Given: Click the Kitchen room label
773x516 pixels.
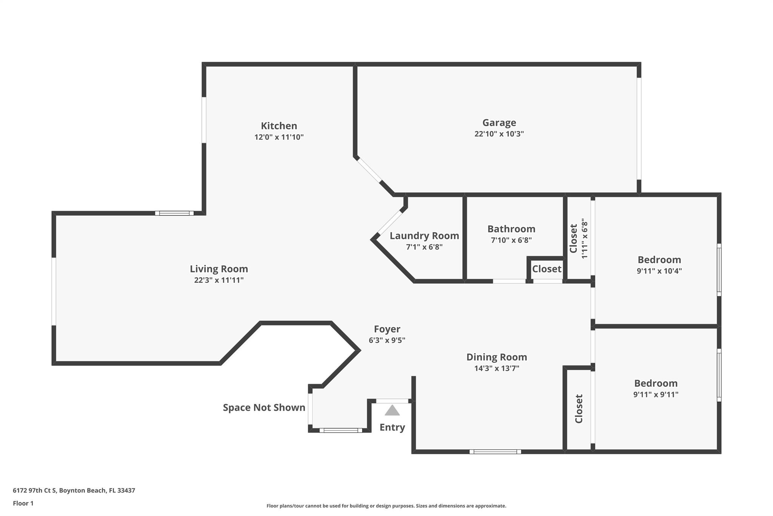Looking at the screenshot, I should click(x=279, y=126).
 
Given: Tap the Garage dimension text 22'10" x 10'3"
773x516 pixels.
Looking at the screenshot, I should click(x=499, y=134).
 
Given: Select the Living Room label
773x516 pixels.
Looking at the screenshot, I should click(x=219, y=269).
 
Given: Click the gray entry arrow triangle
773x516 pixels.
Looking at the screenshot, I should click(x=392, y=411).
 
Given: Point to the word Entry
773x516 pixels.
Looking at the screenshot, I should click(x=392, y=427).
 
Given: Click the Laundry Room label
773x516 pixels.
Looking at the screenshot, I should click(x=424, y=236).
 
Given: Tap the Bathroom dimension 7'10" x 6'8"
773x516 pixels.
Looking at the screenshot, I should click(x=511, y=240).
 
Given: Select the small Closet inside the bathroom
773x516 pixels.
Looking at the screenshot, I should click(x=547, y=269).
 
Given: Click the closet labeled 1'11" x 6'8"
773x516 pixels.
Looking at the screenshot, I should click(x=579, y=239).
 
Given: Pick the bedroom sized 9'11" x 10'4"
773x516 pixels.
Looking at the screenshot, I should click(x=659, y=265).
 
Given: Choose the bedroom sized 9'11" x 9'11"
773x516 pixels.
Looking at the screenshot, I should click(x=656, y=388).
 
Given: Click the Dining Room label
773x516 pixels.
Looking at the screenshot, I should click(x=496, y=357).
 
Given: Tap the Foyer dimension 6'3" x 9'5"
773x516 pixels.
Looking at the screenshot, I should click(x=387, y=340).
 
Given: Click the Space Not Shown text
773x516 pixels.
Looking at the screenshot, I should click(x=264, y=408).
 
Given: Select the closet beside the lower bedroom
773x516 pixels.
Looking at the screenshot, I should click(x=579, y=409).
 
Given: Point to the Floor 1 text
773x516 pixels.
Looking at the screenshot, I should click(x=23, y=503).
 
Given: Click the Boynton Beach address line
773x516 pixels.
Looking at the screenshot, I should click(x=74, y=490).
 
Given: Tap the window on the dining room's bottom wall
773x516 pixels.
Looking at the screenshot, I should click(x=495, y=451).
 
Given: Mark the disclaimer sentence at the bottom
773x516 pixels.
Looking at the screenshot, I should click(x=386, y=506).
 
